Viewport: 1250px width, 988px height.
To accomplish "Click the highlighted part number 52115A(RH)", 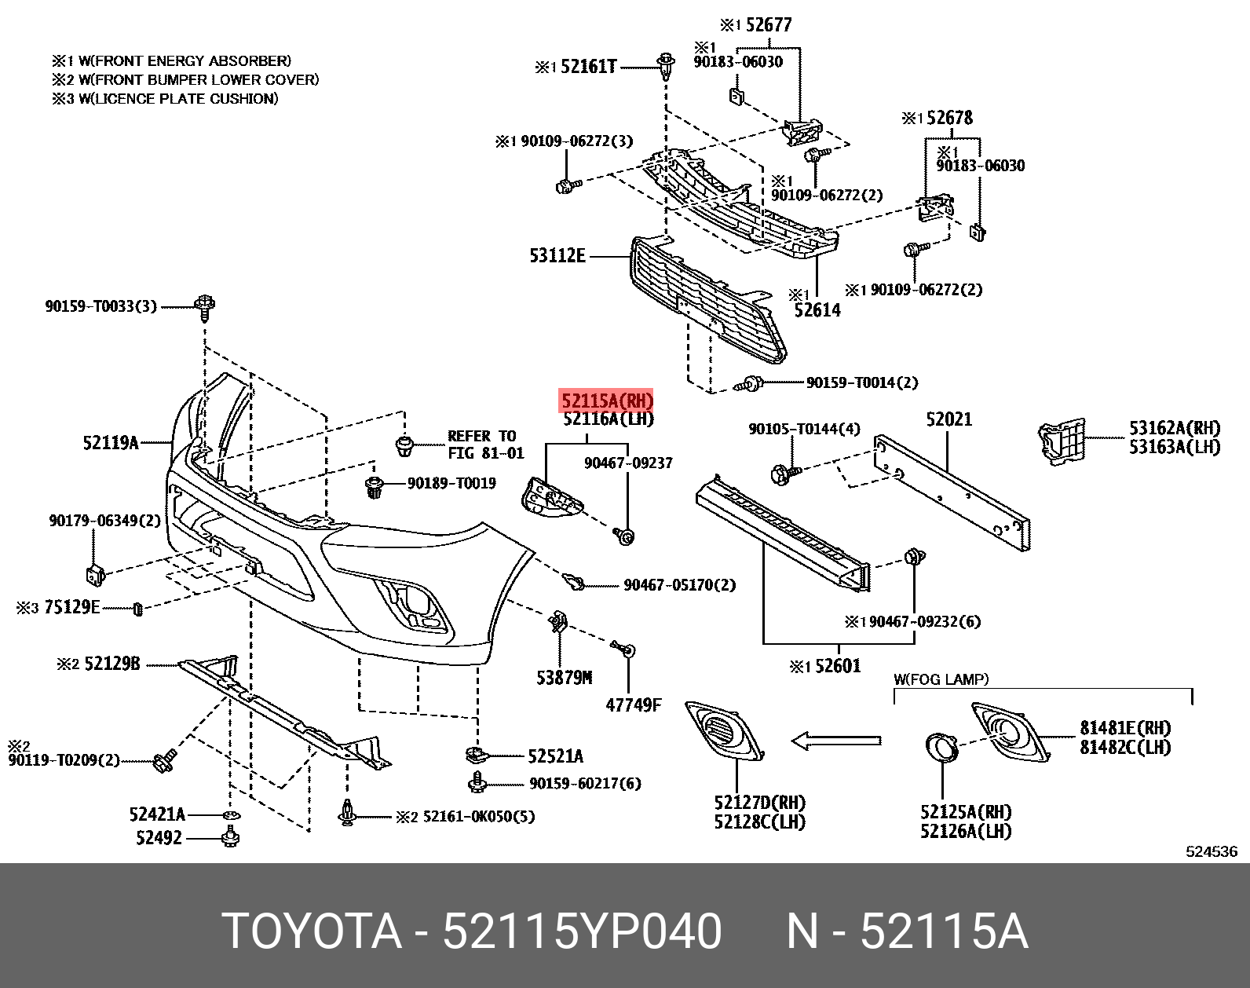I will [606, 401].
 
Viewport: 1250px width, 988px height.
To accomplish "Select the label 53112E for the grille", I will [557, 255].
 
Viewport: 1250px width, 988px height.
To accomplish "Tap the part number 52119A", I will [111, 443].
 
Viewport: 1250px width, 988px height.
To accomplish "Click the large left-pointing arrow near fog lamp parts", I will [835, 740].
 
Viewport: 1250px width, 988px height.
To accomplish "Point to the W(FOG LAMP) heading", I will [941, 679].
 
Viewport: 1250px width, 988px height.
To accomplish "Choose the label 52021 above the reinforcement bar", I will [948, 419].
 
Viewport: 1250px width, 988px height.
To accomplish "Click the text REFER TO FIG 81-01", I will [484, 445].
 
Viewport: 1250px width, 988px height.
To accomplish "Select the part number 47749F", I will [633, 704].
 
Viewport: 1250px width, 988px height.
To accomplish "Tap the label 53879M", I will [564, 677].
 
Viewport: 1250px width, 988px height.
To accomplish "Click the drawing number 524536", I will [1211, 851].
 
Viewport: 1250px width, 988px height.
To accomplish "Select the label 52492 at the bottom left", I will [159, 838].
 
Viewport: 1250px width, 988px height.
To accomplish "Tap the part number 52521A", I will [555, 756].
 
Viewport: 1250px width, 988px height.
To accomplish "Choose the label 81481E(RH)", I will [1124, 728].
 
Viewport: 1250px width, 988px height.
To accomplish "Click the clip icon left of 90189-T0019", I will [375, 486].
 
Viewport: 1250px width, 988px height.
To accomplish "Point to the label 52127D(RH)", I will [759, 803].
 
